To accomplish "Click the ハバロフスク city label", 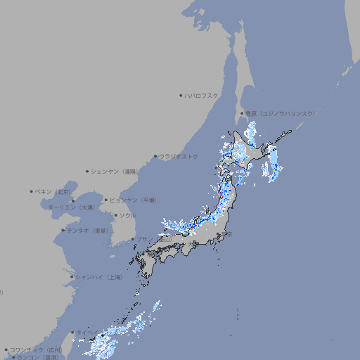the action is pyautogui.click(x=202, y=95).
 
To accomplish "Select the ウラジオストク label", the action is pyautogui.click(x=179, y=156).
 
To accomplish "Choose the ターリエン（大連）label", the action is pyautogui.click(x=71, y=207).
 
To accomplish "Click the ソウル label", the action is pyautogui.click(x=127, y=216).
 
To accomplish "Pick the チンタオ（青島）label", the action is pyautogui.click(x=87, y=231).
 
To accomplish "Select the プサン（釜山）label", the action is pyautogui.click(x=154, y=240).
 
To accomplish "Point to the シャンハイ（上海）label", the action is pyautogui.click(x=98, y=277).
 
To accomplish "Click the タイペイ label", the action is pyautogui.click(x=88, y=333).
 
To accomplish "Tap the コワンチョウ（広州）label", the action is pyautogui.click(x=35, y=349).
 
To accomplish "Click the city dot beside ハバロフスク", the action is pyautogui.click(x=181, y=95).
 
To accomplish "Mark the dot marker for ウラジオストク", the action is pyautogui.click(x=155, y=156).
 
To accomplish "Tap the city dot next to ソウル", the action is pyautogui.click(x=115, y=216).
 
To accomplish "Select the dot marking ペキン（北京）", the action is pyautogui.click(x=32, y=191).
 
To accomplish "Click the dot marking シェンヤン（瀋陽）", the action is pyautogui.click(x=87, y=171).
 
